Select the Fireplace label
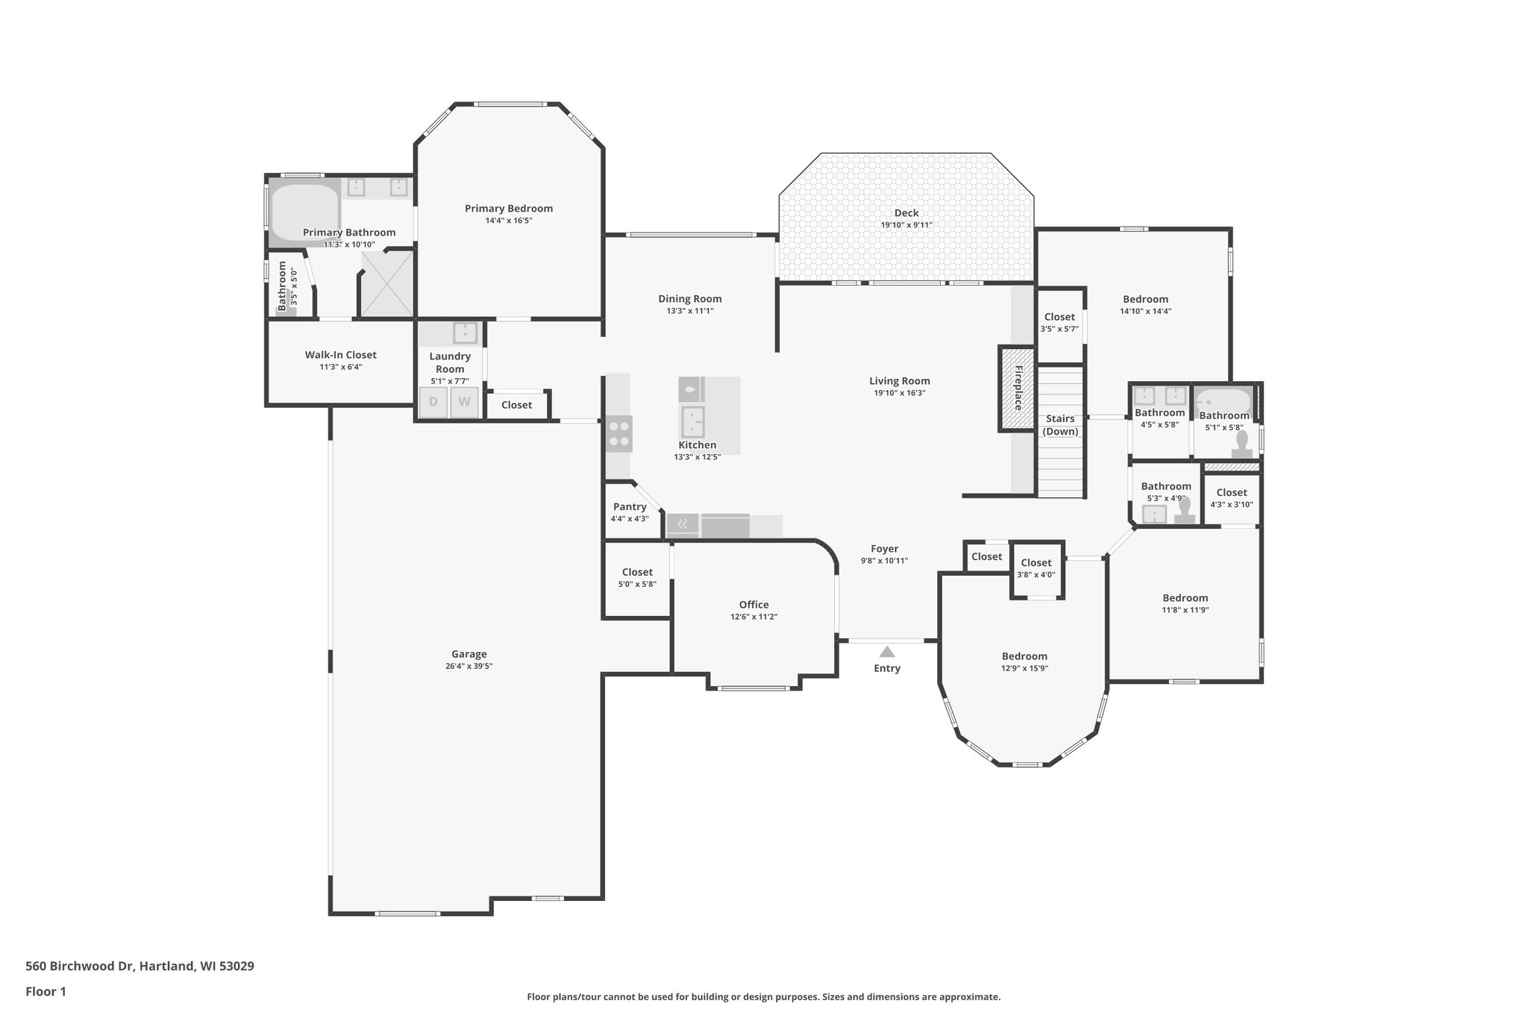click(x=1017, y=389)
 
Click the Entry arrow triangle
click(x=886, y=652)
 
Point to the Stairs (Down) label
click(x=1059, y=425)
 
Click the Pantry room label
click(x=630, y=507)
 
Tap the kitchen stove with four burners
click(x=619, y=434)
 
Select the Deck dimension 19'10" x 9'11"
click(x=906, y=225)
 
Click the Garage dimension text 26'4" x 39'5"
click(x=469, y=667)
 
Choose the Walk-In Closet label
click(x=340, y=355)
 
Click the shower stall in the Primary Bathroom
click(x=387, y=284)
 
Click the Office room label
click(x=754, y=605)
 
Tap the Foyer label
click(x=884, y=549)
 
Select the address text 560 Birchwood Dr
click(x=80, y=967)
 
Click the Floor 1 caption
click(x=46, y=992)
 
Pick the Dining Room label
click(x=689, y=299)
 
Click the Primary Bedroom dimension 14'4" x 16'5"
click(x=508, y=221)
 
